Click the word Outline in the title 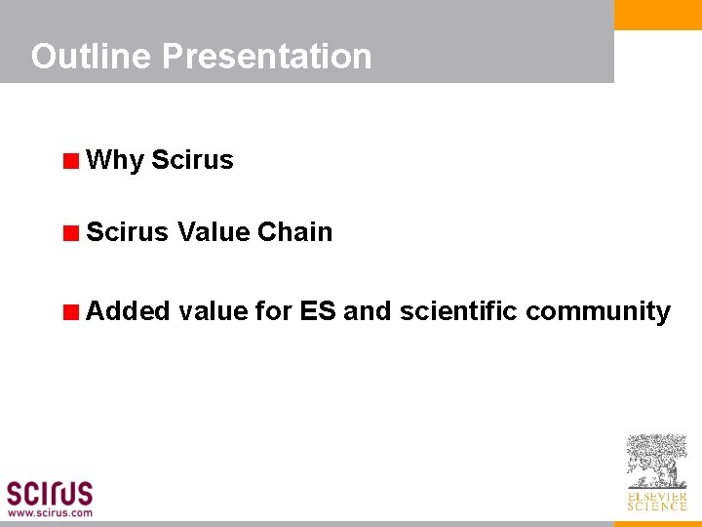pos(92,57)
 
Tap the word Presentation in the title pos(266,57)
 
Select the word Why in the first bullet pos(115,160)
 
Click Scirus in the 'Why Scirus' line pos(192,160)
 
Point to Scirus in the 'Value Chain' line pos(127,232)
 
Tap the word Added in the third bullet pos(127,311)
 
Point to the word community pos(598,312)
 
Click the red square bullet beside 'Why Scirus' pos(70,161)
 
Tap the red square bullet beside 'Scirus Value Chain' pos(70,233)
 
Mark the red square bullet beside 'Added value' pos(70,312)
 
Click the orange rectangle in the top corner pos(657,15)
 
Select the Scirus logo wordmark pos(50,492)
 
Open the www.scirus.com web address pos(50,512)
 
